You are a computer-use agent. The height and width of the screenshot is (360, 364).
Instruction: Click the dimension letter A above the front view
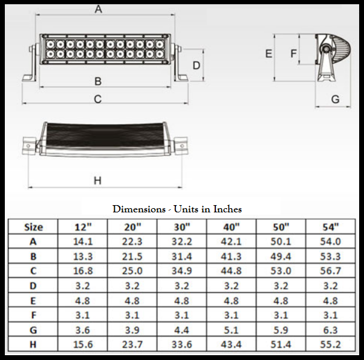point(99,9)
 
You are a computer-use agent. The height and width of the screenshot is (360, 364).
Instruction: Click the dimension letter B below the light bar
point(98,81)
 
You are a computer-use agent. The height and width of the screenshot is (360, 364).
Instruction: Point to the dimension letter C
point(98,99)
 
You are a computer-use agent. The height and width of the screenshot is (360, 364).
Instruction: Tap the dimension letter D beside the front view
point(197,65)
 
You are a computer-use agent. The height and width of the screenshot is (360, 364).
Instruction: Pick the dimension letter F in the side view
point(293,54)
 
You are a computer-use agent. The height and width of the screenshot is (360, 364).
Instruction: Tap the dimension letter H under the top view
point(98,180)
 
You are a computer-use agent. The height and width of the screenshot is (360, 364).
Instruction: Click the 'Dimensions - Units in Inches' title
point(177,209)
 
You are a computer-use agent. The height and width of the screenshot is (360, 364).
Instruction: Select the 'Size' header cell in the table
point(33,227)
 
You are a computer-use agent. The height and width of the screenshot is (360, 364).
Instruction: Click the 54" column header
point(330,227)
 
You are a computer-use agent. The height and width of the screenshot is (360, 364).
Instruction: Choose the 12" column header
point(83,227)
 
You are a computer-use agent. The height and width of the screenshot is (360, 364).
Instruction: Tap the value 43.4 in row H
point(232,344)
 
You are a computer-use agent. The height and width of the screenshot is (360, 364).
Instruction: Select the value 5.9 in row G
point(281,329)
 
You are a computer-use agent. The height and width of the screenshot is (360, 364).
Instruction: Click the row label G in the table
point(33,329)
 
